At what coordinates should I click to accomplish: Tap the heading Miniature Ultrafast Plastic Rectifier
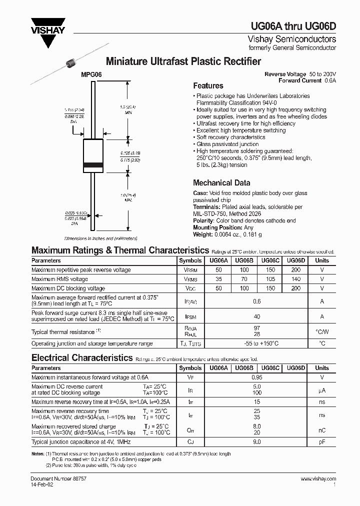tap(183, 61)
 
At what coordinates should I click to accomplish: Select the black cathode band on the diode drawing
tap(93, 164)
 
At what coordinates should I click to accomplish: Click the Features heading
tap(208, 85)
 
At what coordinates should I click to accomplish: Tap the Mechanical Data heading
tap(221, 182)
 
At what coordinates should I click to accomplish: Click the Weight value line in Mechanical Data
tap(227, 234)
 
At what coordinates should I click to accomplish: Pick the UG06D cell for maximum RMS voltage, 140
tap(295, 279)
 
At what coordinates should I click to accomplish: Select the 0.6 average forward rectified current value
tap(257, 301)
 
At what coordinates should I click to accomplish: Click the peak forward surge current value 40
tap(257, 316)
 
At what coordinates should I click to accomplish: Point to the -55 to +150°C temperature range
tap(257, 343)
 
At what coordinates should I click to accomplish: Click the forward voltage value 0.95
tap(257, 377)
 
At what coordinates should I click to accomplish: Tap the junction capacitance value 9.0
tap(257, 442)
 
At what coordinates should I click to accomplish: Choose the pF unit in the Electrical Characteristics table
tap(322, 442)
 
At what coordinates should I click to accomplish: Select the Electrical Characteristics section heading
tap(82, 358)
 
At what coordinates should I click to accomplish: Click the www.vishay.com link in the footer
tap(318, 479)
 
